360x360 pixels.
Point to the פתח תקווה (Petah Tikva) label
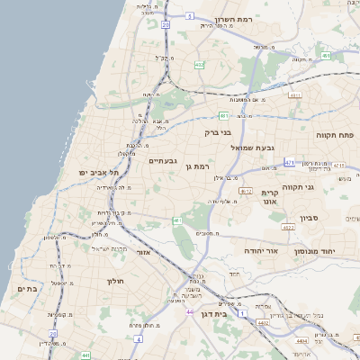click(335, 134)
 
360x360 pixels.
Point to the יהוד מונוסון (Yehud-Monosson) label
click(326, 251)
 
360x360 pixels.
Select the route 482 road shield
click(198, 65)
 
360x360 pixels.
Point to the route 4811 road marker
click(294, 94)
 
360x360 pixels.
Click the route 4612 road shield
click(246, 191)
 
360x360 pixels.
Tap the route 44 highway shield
click(190, 311)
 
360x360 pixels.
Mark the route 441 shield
click(85, 355)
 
